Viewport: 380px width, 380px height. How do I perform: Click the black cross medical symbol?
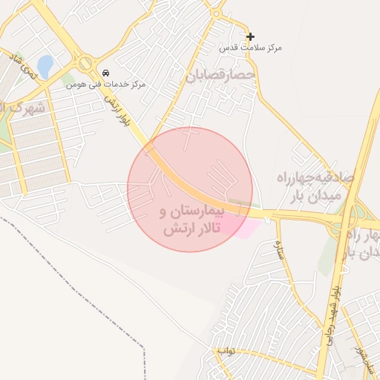(x=250, y=36)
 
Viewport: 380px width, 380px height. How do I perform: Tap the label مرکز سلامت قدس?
(x=251, y=47)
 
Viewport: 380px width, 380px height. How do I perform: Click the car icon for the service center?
(x=108, y=73)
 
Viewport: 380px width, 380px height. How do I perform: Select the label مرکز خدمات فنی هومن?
(x=105, y=85)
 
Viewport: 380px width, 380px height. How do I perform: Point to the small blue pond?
(x=45, y=67)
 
